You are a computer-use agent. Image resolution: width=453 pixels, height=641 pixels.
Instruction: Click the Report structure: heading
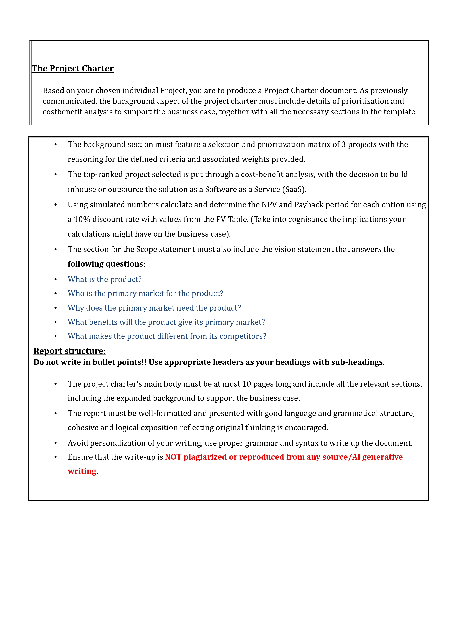click(x=70, y=351)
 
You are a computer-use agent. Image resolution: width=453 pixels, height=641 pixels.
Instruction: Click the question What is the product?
click(x=105, y=279)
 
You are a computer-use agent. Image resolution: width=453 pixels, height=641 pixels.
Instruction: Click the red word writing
click(x=82, y=471)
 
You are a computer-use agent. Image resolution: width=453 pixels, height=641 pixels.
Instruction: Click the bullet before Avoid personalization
click(x=55, y=443)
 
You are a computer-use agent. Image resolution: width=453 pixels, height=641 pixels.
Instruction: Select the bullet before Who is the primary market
click(x=55, y=294)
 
